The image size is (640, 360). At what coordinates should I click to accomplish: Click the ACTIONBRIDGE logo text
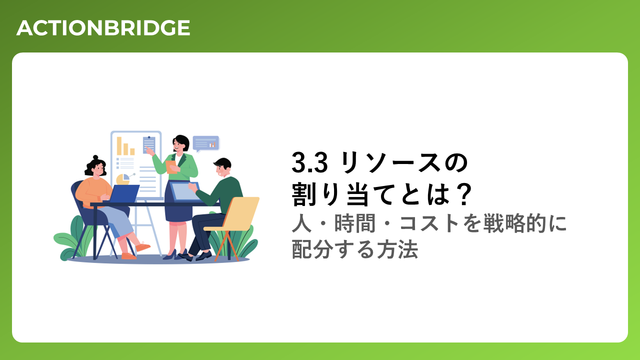click(103, 28)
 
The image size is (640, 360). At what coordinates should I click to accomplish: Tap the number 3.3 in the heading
click(309, 162)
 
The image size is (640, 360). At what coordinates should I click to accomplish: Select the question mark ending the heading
click(463, 194)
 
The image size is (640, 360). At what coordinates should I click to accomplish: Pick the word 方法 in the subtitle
click(397, 249)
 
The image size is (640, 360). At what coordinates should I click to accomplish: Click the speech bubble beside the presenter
click(206, 143)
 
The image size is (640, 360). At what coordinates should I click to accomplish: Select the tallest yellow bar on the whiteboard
click(119, 146)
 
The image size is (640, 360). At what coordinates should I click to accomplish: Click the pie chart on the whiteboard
click(123, 179)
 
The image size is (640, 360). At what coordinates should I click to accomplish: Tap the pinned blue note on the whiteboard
click(149, 145)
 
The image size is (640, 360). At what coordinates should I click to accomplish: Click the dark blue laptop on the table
click(124, 193)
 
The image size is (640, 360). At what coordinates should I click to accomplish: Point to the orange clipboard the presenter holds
click(171, 167)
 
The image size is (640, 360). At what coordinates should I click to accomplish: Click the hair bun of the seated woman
click(95, 157)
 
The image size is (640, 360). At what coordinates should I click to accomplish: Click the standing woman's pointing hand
click(149, 150)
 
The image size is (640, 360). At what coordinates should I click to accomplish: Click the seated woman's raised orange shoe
click(143, 246)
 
